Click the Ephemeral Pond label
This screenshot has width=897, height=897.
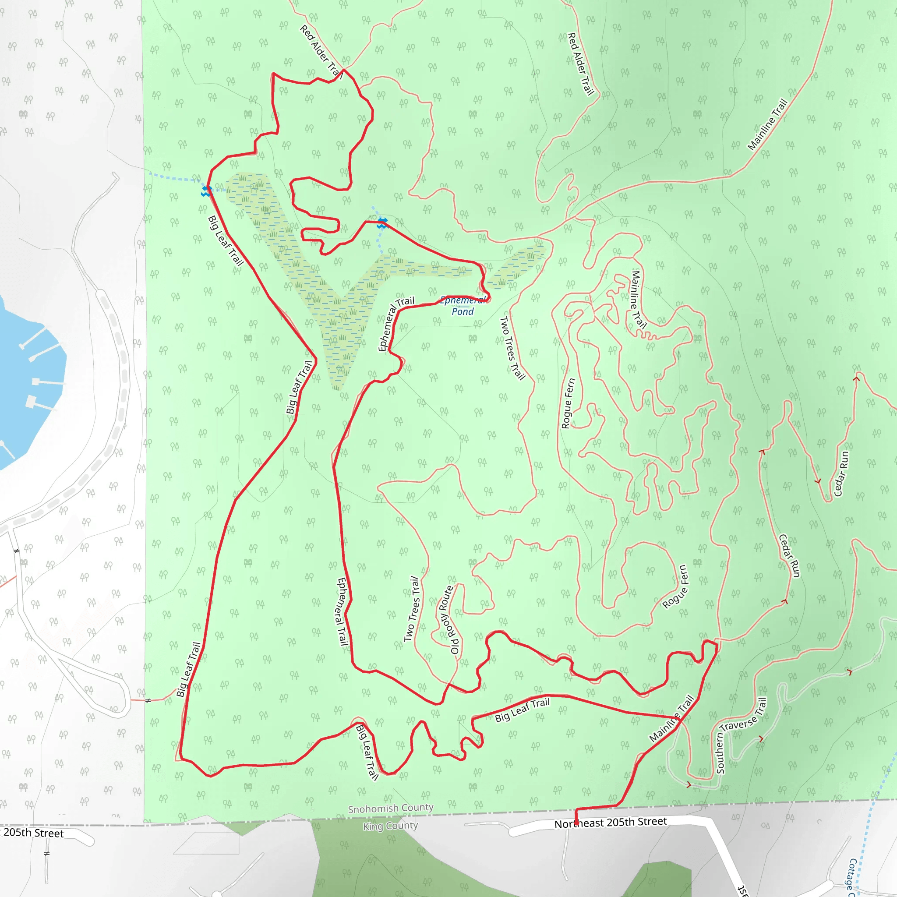pyautogui.click(x=463, y=306)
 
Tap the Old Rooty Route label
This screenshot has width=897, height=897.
pyautogui.click(x=446, y=620)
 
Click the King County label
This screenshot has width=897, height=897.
pyautogui.click(x=390, y=826)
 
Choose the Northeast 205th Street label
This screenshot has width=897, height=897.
pyautogui.click(x=611, y=823)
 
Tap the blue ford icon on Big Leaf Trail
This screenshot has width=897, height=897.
pyautogui.click(x=206, y=191)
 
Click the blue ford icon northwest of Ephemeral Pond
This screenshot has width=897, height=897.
pyautogui.click(x=382, y=223)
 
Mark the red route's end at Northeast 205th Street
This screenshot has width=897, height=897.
pyautogui.click(x=576, y=824)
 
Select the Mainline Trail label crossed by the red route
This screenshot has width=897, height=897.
pyautogui.click(x=671, y=719)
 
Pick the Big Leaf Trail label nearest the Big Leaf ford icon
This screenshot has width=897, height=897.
pyautogui.click(x=226, y=240)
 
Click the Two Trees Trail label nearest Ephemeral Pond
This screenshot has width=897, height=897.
pyautogui.click(x=512, y=348)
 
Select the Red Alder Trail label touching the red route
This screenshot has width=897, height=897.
pyautogui.click(x=320, y=51)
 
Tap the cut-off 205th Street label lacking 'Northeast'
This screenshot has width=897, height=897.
pyautogui.click(x=32, y=833)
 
